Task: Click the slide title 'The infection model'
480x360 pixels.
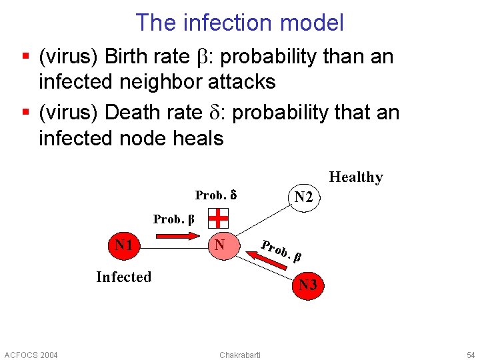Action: [x=240, y=23]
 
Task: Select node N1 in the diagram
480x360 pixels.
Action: [x=123, y=246]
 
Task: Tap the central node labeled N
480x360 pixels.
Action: [x=219, y=246]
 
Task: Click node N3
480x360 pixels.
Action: [x=307, y=285]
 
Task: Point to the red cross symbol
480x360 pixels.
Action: [x=218, y=218]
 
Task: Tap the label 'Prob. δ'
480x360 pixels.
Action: [x=216, y=195]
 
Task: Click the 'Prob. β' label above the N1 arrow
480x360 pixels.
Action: [x=173, y=219]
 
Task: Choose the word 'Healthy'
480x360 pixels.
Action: [x=356, y=177]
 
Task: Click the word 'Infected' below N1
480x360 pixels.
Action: [x=123, y=277]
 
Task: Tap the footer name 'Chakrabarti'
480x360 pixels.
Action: [x=240, y=354]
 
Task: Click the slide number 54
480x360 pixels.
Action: [x=471, y=354]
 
